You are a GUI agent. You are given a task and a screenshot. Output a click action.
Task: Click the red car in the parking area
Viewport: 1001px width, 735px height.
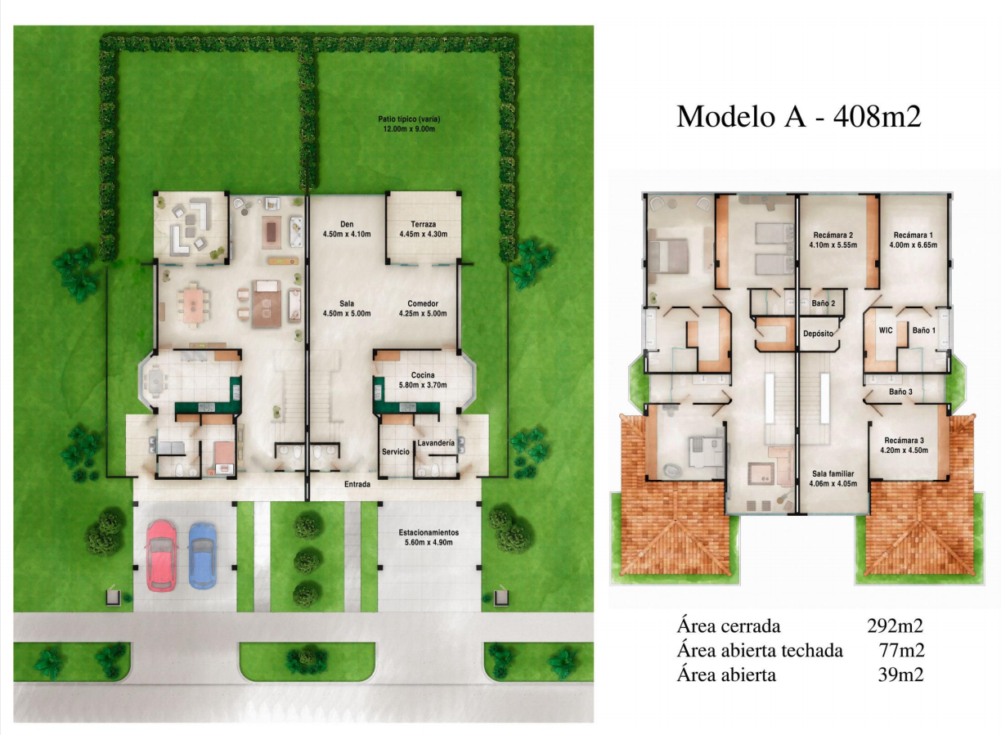point(161,556)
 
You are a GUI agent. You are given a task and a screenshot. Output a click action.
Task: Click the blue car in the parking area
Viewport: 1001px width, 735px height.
point(202,556)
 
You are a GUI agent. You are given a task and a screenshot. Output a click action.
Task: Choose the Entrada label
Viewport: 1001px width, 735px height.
point(357,484)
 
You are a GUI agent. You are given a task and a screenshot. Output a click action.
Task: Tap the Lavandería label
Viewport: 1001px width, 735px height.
point(436,443)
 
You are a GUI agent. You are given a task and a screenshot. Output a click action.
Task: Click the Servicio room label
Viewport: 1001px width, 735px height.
point(396,452)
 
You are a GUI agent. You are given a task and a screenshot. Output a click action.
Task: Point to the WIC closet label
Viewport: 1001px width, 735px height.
point(886,330)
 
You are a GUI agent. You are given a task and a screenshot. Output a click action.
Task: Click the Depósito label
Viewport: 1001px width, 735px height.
point(819,334)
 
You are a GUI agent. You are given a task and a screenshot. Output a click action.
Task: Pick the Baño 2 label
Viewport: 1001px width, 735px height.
point(824,303)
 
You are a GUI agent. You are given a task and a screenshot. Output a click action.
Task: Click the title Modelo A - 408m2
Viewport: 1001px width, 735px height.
point(799,117)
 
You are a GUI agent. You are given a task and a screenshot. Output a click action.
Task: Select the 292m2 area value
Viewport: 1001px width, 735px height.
point(895,626)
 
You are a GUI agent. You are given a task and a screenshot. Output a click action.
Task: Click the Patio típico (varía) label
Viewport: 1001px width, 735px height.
point(410,119)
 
